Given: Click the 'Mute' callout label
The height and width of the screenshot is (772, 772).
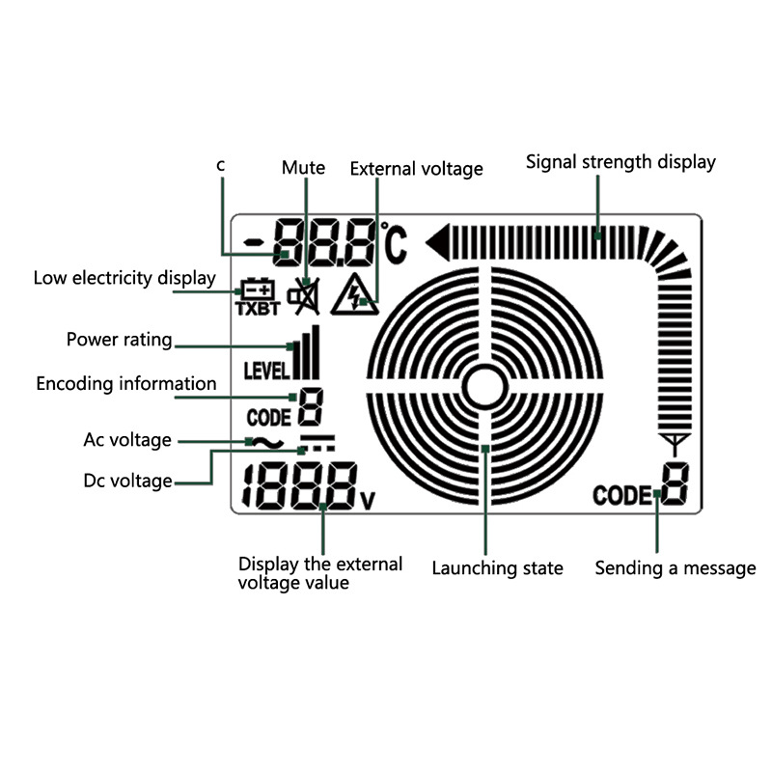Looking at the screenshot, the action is coord(303,168).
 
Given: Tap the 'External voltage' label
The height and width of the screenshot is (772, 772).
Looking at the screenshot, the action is coord(416,169).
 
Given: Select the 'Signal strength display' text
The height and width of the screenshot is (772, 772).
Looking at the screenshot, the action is coord(620,161).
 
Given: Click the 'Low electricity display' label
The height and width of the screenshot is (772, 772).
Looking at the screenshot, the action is coord(124,278).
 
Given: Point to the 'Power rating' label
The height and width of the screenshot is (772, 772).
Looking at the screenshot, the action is coord(119,340).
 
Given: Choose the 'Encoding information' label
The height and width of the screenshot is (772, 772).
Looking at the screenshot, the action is coord(126,383).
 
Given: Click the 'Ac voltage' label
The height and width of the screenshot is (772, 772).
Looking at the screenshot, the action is coord(127,440).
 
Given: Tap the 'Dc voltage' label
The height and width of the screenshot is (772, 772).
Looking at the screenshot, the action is coord(127,480).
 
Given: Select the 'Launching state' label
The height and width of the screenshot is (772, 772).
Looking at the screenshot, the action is coord(497,568).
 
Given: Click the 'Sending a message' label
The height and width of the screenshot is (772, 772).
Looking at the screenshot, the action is coord(675,568).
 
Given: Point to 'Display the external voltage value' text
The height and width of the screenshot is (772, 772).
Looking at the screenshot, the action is coord(319,573).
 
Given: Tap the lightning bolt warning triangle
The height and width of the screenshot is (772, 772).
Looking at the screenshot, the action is coord(353,295).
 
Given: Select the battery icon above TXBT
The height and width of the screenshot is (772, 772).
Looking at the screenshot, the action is coord(257,289).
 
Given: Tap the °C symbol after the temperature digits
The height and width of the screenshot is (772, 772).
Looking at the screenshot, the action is coord(395,243).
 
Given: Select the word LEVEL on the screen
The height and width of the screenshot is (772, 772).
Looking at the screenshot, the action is coord(266,371).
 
